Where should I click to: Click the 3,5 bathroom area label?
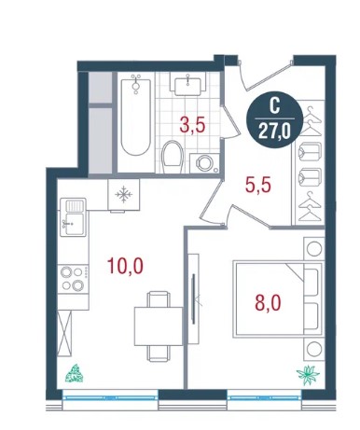192,125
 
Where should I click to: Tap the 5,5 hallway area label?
257,186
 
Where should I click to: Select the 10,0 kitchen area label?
125,266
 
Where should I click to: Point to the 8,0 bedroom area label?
268,303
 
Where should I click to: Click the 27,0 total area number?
274,132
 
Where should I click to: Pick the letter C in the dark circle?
274,106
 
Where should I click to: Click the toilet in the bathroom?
173,157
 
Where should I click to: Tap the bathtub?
136,116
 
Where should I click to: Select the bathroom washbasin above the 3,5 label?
187,84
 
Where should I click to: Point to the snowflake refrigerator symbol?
124,195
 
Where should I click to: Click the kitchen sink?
73,217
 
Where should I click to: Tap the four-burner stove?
73,278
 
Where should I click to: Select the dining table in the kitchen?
159,326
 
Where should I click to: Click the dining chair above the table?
159,298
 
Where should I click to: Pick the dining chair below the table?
159,354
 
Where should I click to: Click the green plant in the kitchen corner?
75,373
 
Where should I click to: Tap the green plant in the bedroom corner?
308,375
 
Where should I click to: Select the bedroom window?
264,397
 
